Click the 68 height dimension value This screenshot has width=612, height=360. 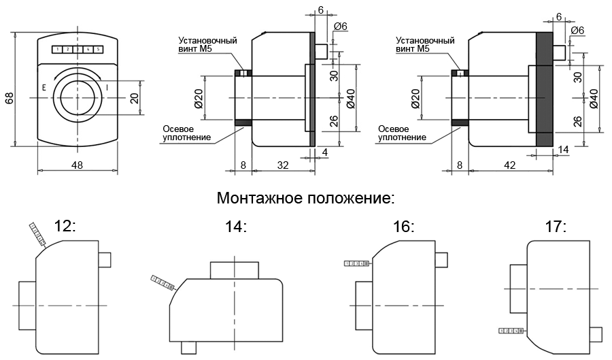9,98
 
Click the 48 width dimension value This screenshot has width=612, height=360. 78,165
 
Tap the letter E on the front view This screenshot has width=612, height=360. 44,88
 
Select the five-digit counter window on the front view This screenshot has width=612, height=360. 78,50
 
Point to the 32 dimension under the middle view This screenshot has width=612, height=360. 282,165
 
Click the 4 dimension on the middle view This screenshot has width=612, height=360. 325,152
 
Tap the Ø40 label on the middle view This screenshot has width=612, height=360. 351,99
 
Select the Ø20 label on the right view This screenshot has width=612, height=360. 415,99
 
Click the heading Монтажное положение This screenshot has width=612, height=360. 305,199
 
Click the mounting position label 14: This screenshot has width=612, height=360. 235,227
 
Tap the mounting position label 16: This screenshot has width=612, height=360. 403,227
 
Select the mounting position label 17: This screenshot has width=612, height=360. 556,227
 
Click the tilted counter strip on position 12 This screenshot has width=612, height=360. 38,233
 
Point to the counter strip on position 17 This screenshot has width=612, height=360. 512,331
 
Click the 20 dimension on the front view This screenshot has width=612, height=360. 135,98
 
